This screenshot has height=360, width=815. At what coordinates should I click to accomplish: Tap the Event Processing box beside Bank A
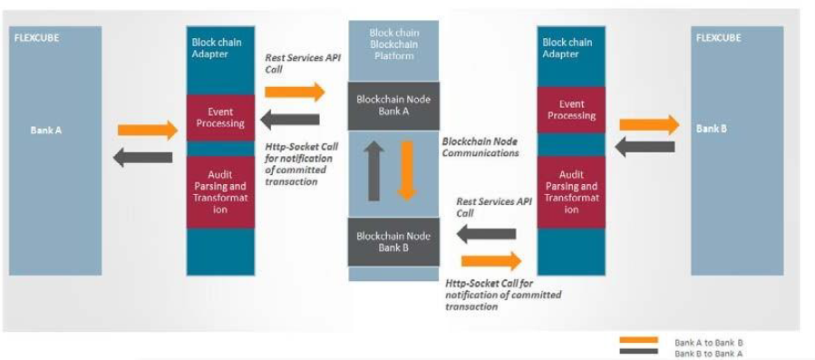tap(220, 116)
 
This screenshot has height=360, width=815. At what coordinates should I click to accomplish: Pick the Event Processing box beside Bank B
tap(571, 110)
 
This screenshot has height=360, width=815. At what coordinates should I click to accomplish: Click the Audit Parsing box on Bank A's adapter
tap(220, 191)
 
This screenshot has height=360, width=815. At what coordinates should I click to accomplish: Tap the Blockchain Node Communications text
tap(480, 147)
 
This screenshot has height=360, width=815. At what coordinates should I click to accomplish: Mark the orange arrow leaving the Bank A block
tap(148, 130)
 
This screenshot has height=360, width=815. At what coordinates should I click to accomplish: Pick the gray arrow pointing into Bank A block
tap(142, 157)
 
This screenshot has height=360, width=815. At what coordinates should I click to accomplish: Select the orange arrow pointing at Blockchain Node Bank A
tap(294, 92)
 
